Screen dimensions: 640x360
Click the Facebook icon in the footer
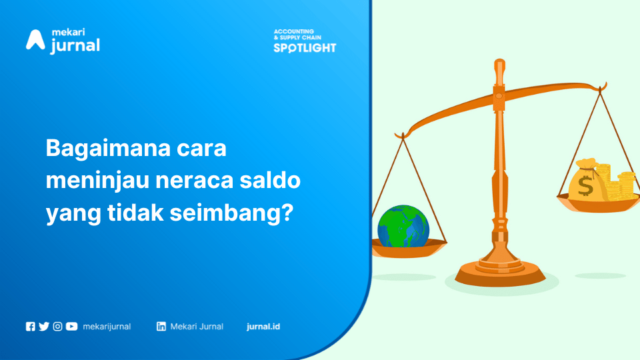(31, 327)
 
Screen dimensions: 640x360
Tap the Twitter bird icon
(44, 327)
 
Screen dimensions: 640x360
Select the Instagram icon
(57, 327)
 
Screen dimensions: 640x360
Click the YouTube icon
(71, 327)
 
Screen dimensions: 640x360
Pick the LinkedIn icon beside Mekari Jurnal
(161, 327)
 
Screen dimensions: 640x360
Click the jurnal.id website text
(263, 327)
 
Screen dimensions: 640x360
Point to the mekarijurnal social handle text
(107, 327)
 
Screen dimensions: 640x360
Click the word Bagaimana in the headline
(108, 149)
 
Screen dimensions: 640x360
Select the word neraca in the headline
(194, 181)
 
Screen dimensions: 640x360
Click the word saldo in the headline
(270, 180)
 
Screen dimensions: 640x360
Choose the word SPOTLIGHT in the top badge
(305, 48)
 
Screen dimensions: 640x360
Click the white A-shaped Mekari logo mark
(35, 40)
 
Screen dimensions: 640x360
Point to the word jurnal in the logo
(75, 46)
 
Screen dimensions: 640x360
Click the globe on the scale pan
(403, 226)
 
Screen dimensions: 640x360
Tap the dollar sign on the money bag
(585, 186)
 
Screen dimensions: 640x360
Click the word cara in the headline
(201, 149)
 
